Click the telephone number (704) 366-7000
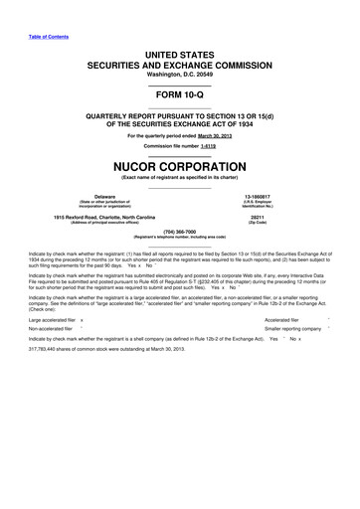pyautogui.click(x=179, y=236)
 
